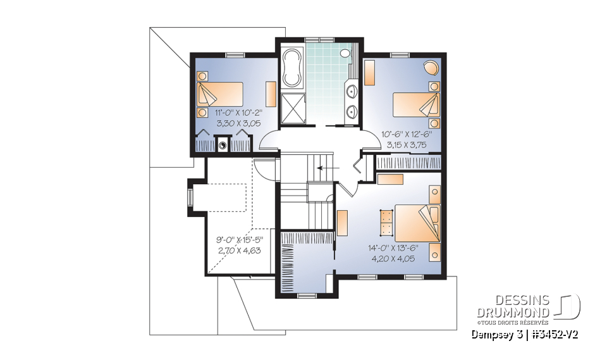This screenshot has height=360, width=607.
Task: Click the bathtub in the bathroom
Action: [x=292, y=68]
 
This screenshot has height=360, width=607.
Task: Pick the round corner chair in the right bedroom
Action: [x=431, y=67]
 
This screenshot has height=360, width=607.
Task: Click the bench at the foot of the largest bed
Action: [x=384, y=223]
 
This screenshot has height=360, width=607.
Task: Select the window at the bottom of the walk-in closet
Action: [x=306, y=295]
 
